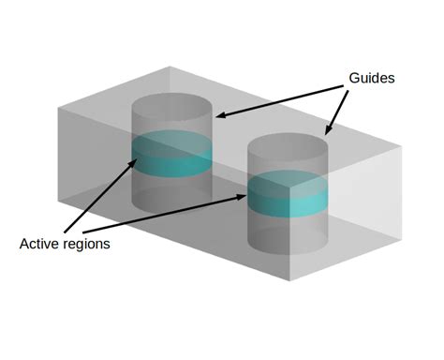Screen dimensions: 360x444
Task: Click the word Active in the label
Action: coord(40,244)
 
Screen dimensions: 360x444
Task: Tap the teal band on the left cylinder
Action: coord(173,155)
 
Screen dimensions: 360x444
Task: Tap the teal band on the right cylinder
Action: coord(289,195)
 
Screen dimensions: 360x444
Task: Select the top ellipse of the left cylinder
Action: coord(172,104)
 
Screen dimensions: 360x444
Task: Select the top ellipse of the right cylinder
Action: coord(288,145)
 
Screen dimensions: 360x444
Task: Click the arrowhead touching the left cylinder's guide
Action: coord(221,114)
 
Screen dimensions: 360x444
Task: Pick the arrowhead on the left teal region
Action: coord(132,162)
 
